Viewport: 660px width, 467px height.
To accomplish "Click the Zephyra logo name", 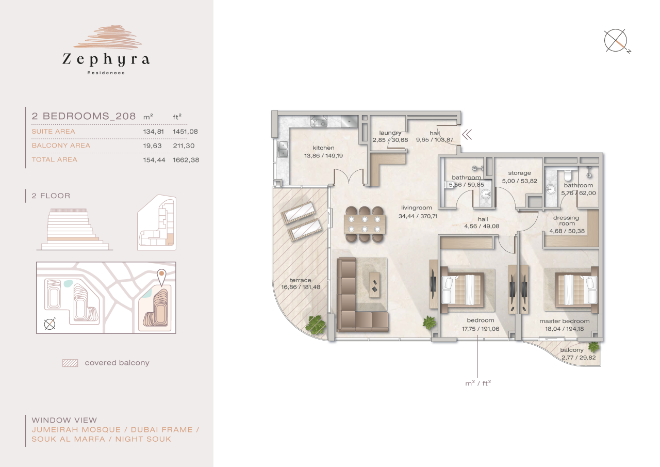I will pos(106,60).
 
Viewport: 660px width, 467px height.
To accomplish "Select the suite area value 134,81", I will pos(153,132).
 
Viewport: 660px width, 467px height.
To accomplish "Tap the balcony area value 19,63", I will pos(153,146).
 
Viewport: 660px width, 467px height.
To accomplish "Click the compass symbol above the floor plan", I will pos(616,41).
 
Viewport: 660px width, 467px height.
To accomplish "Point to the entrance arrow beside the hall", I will pos(467,135).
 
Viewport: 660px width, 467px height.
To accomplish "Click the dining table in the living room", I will pos(364,224).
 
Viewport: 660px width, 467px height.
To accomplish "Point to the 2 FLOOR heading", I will pos(51,196).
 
